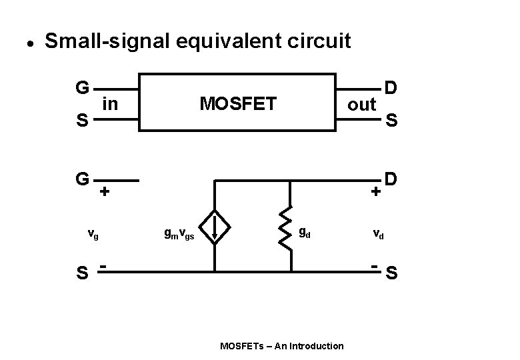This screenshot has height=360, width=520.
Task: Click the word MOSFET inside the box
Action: [x=238, y=103]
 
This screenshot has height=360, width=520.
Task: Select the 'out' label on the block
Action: [x=362, y=105]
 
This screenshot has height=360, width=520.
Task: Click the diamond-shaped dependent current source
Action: [x=215, y=227]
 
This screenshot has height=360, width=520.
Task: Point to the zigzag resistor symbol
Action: [x=290, y=227]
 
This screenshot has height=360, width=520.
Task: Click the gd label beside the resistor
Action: [x=303, y=233]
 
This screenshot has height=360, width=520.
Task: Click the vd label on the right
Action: [x=377, y=234]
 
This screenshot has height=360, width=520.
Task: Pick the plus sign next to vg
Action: [x=105, y=192]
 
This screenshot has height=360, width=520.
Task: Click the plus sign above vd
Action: [x=377, y=192]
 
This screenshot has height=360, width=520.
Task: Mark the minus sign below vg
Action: [x=105, y=267]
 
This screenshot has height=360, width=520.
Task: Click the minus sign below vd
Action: [x=375, y=267]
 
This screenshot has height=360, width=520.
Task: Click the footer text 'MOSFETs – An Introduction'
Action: [x=282, y=345]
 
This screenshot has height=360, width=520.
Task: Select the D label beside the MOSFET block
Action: [x=391, y=88]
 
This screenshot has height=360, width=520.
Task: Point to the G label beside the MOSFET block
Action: [x=83, y=88]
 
